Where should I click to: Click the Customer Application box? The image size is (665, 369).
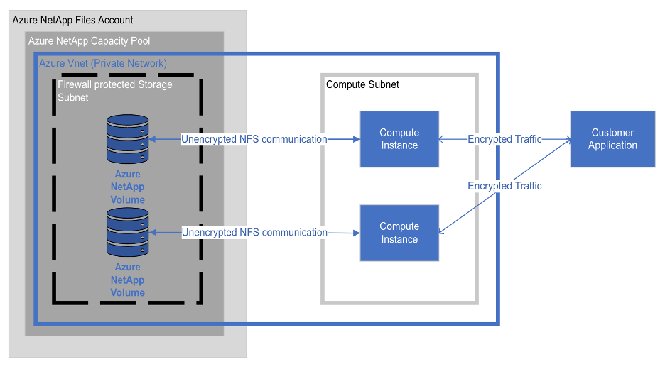coord(612,139)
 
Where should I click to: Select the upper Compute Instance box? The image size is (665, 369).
coord(399,139)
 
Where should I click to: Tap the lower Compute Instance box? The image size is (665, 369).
coord(399,233)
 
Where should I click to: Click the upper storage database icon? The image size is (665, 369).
coord(127,139)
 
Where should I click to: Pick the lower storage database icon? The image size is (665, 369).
coord(127,233)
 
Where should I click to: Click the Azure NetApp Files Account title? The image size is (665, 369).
coord(72,20)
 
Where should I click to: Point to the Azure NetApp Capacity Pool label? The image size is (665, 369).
coord(89,41)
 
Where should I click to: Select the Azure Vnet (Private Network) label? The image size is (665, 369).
coord(103,63)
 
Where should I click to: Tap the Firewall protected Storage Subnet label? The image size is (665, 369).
coord(114,91)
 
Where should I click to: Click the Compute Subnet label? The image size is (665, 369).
coord(362,84)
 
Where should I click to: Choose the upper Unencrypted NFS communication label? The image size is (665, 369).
coord(254,139)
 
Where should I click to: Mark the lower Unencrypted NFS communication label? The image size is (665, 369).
coord(254,232)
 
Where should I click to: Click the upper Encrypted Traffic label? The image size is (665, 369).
coord(504,139)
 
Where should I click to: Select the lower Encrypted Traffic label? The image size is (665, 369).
coord(504,186)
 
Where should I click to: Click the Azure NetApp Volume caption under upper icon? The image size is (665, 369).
coord(127,187)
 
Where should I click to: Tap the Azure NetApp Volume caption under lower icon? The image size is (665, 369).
coord(127,280)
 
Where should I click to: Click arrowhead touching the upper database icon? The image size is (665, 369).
coord(153,139)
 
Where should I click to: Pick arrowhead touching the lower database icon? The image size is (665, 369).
coord(153,232)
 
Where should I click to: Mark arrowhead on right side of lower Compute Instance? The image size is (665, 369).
coord(443,231)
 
